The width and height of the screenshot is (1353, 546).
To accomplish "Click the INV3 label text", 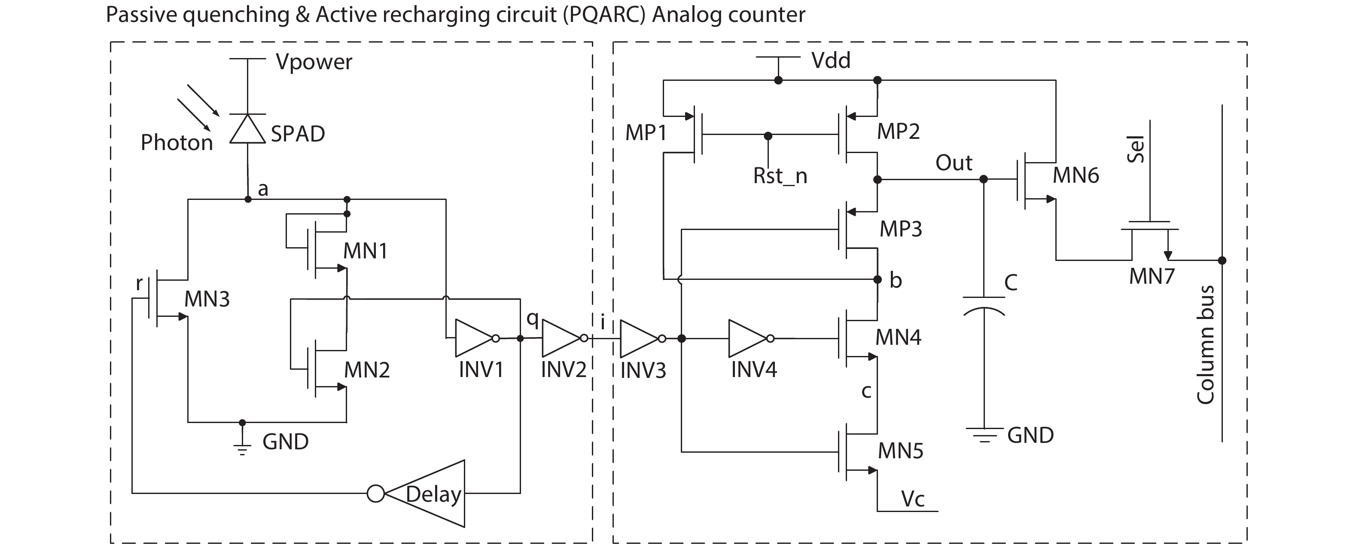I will (643, 371).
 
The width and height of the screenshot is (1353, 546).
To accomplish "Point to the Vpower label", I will (314, 62).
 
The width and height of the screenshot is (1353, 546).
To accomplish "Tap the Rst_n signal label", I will (780, 175).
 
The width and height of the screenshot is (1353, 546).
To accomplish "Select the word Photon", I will (177, 142).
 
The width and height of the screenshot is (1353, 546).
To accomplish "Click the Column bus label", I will (1205, 345).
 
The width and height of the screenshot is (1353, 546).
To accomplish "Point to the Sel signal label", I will (1136, 149).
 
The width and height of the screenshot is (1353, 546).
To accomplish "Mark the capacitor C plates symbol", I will (984, 305).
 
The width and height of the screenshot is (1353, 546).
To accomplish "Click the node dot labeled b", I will (877, 279).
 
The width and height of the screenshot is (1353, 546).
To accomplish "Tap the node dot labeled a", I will (248, 199).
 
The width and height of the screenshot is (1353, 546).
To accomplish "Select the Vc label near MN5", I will (912, 499).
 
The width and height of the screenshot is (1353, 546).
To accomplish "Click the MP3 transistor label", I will (900, 229).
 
